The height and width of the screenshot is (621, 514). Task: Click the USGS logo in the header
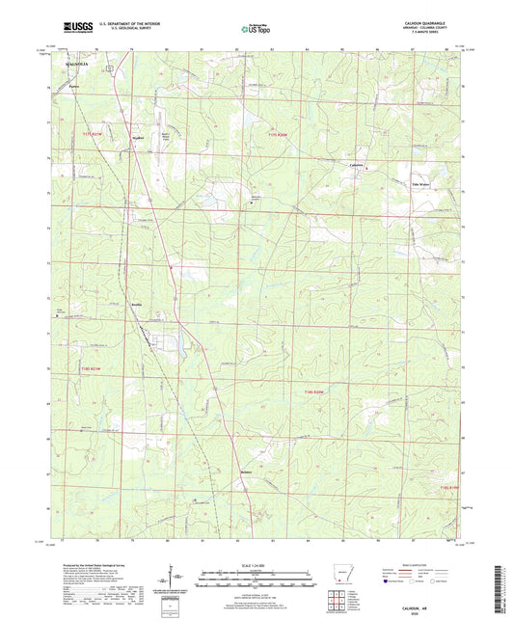tap(75, 29)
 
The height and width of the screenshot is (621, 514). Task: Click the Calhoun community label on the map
tap(359, 164)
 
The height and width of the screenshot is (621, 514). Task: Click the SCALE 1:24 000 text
tap(257, 565)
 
